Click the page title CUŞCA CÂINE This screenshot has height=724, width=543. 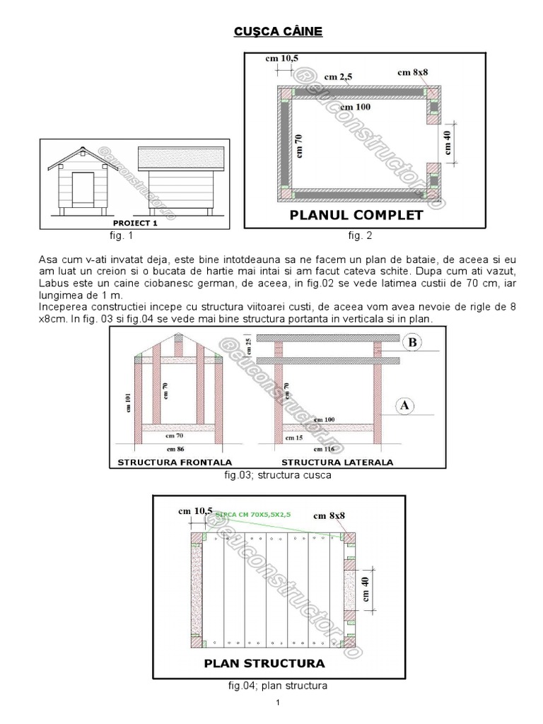point(278,33)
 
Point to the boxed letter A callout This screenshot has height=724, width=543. point(406,406)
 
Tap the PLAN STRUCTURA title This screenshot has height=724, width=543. point(264,663)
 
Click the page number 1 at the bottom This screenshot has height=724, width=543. point(279,702)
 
